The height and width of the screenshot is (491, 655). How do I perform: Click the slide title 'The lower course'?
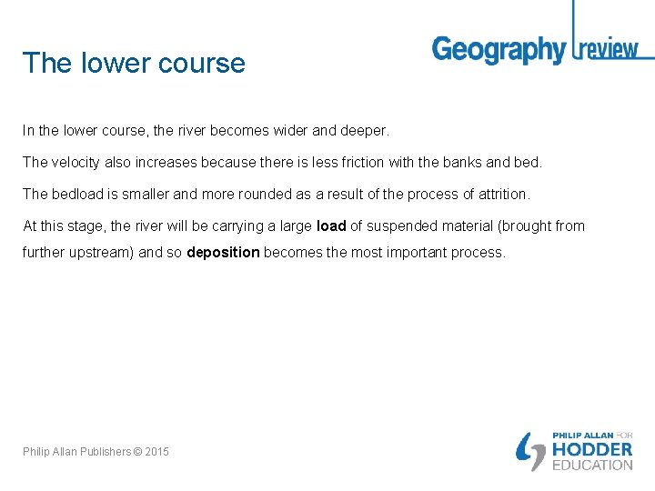tap(134, 63)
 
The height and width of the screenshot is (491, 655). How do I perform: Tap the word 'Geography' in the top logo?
tap(499, 49)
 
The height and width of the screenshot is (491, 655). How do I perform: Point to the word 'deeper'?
tap(363, 131)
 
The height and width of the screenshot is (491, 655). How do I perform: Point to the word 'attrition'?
tap(503, 194)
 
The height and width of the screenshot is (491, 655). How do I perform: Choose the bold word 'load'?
tap(331, 225)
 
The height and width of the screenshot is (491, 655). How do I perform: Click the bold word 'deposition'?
tap(223, 252)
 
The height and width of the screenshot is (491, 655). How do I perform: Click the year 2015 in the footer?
tap(156, 452)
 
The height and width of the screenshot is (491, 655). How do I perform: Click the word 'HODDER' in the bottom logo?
tap(592, 449)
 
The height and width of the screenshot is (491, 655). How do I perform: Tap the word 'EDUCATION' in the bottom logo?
tap(592, 465)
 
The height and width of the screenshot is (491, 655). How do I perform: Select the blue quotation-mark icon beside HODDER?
tap(531, 452)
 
